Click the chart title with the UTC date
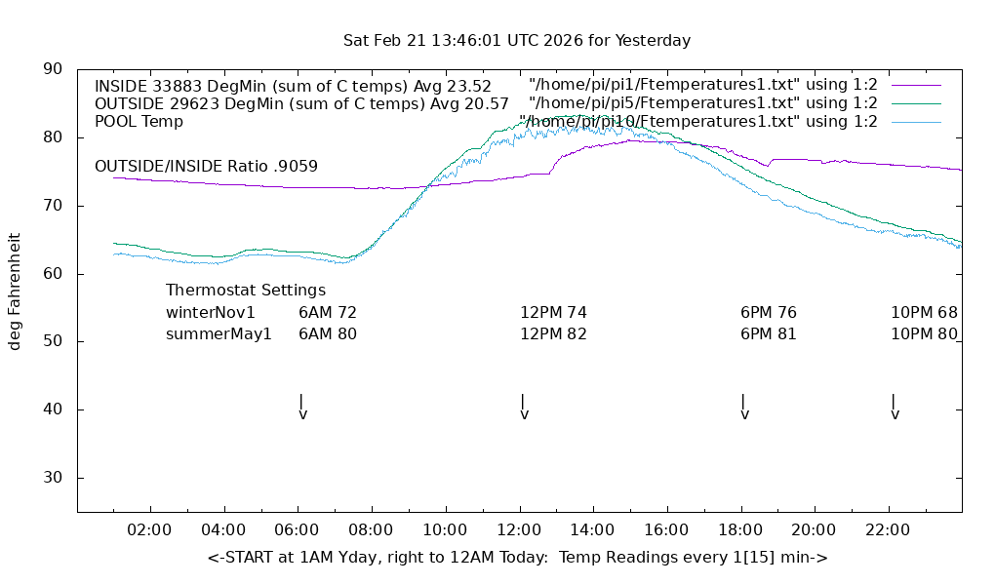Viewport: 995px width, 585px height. [517, 41]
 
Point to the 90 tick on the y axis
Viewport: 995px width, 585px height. [53, 69]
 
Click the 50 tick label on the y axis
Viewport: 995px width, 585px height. [53, 342]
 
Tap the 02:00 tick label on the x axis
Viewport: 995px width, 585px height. [150, 530]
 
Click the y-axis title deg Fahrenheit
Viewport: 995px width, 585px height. [16, 291]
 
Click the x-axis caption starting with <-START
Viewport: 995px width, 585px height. [518, 558]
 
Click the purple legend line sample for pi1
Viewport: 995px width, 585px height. [915, 86]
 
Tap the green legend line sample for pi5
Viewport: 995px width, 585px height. [915, 103]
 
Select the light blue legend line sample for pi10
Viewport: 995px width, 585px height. [915, 122]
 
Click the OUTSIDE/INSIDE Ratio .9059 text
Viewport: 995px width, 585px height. [206, 167]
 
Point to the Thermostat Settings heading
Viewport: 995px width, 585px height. [246, 291]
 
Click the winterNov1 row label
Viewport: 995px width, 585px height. [211, 313]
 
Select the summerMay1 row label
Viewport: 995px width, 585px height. [219, 334]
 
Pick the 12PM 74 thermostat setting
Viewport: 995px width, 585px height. [553, 313]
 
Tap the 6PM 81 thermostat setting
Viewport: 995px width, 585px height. [769, 334]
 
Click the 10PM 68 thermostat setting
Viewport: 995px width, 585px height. [924, 313]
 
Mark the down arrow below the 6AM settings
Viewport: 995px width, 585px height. [302, 408]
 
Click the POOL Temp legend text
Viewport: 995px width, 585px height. [139, 122]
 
